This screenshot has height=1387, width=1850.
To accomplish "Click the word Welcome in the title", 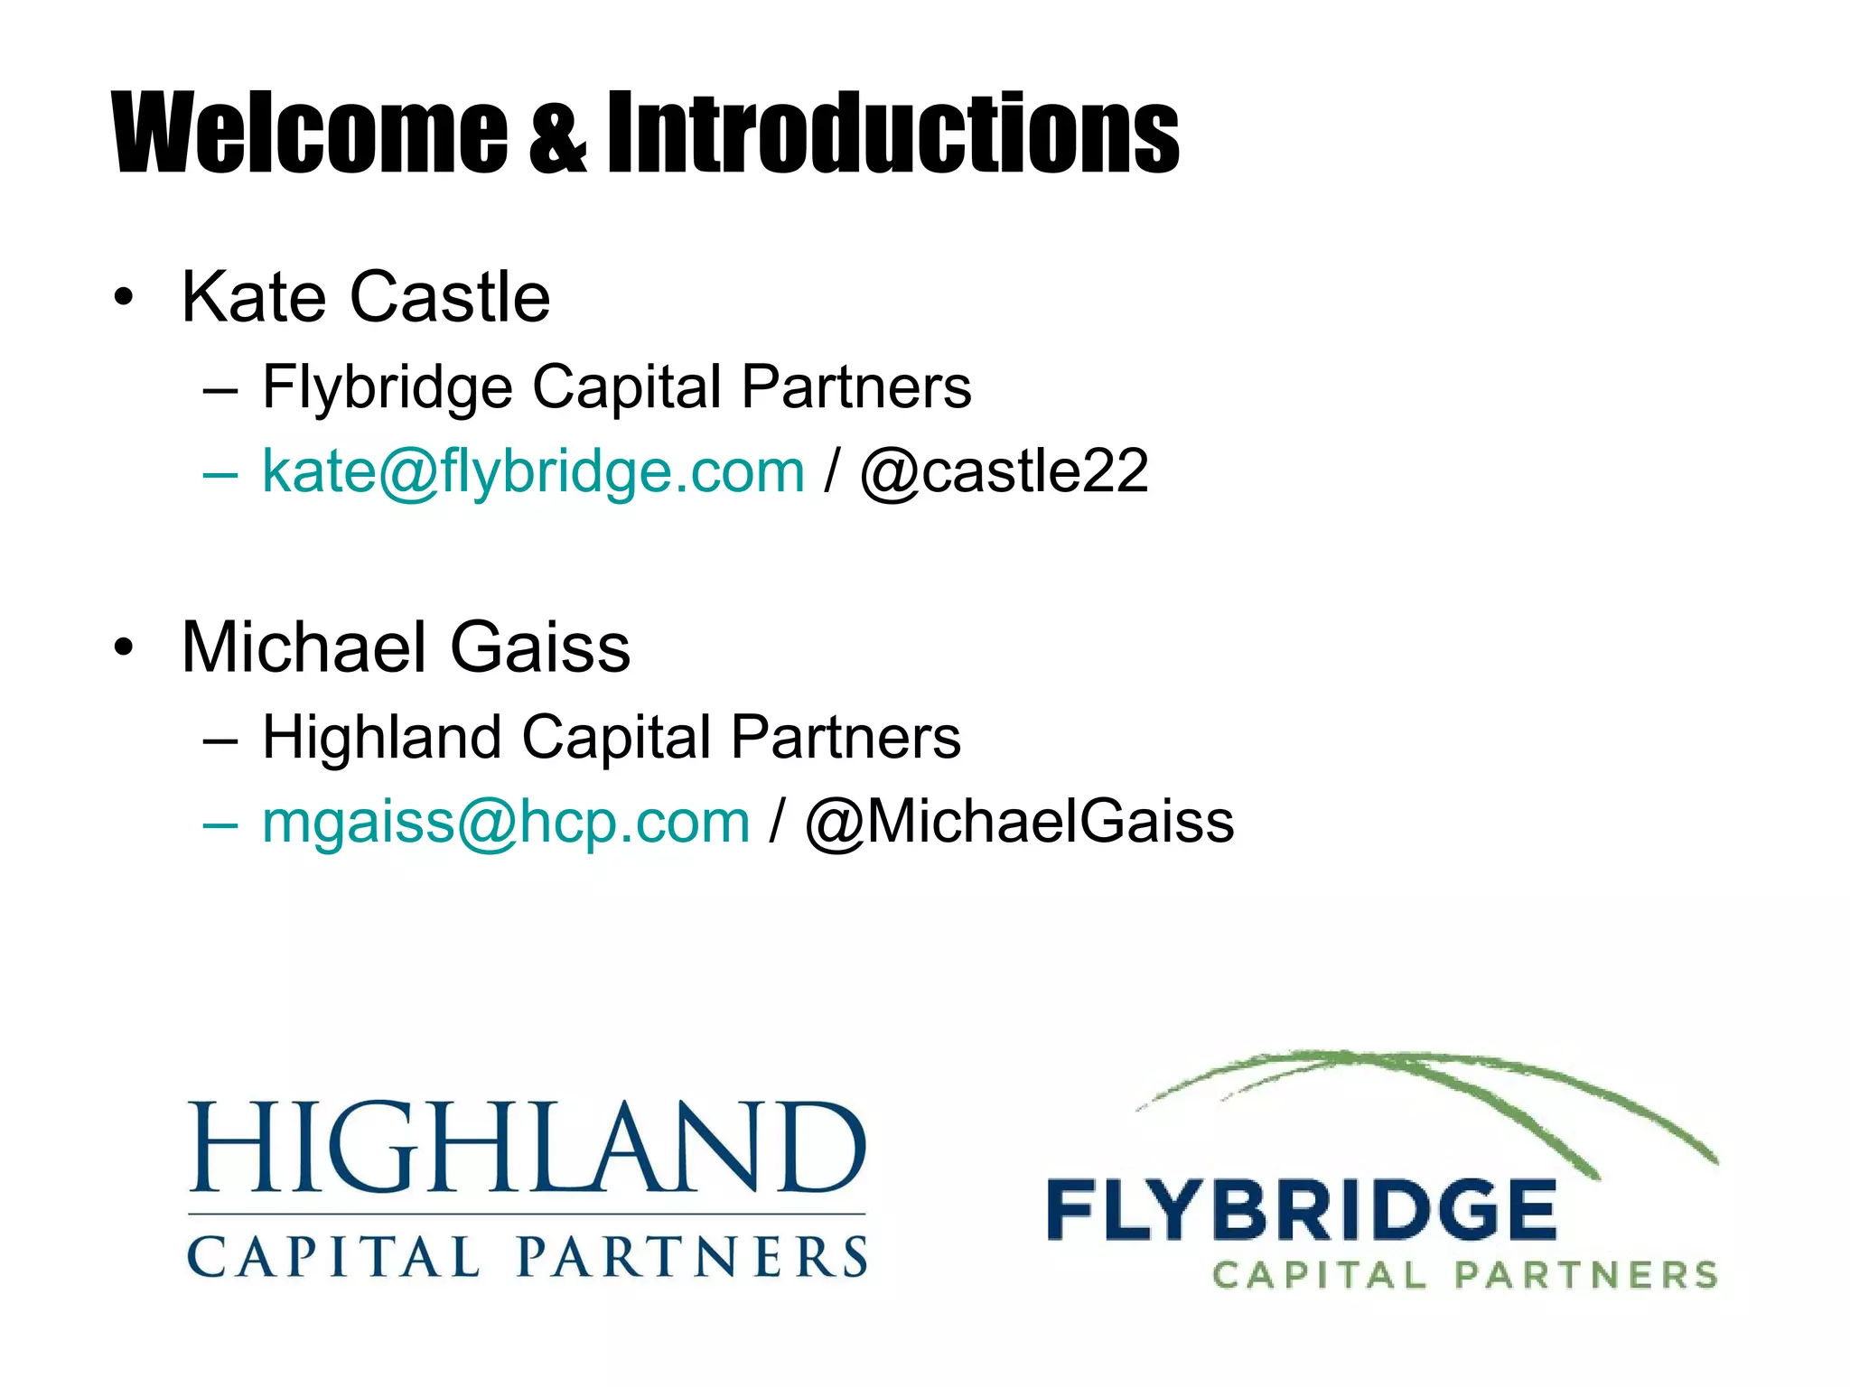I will [x=309, y=133].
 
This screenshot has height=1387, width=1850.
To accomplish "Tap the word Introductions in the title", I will [x=892, y=133].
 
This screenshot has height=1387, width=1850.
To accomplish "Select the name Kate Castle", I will [x=365, y=297].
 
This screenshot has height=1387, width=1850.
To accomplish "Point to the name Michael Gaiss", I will [x=406, y=647].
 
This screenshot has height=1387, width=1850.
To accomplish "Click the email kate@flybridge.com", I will [x=533, y=471].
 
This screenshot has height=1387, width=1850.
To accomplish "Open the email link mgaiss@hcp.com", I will [x=506, y=822].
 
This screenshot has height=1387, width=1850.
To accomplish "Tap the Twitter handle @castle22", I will [x=1004, y=471].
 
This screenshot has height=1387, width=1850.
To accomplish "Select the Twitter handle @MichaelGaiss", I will [x=1019, y=822].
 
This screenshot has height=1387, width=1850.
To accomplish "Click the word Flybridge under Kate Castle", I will [x=388, y=387].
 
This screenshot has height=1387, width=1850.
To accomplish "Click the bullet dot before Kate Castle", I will [x=124, y=298].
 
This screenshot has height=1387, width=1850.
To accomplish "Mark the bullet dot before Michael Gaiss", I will [x=124, y=648].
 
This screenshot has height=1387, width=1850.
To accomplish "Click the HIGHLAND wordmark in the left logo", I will [x=528, y=1147].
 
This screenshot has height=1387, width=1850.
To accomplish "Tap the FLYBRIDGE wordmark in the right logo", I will [x=1301, y=1210].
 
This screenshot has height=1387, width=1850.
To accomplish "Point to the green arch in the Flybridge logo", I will [x=1427, y=1075].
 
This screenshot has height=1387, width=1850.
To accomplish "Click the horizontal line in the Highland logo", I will [x=528, y=1215].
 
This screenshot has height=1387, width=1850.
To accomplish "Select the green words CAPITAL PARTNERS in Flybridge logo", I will [x=1463, y=1275].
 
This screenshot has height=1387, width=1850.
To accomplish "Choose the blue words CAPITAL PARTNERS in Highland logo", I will [x=528, y=1257].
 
